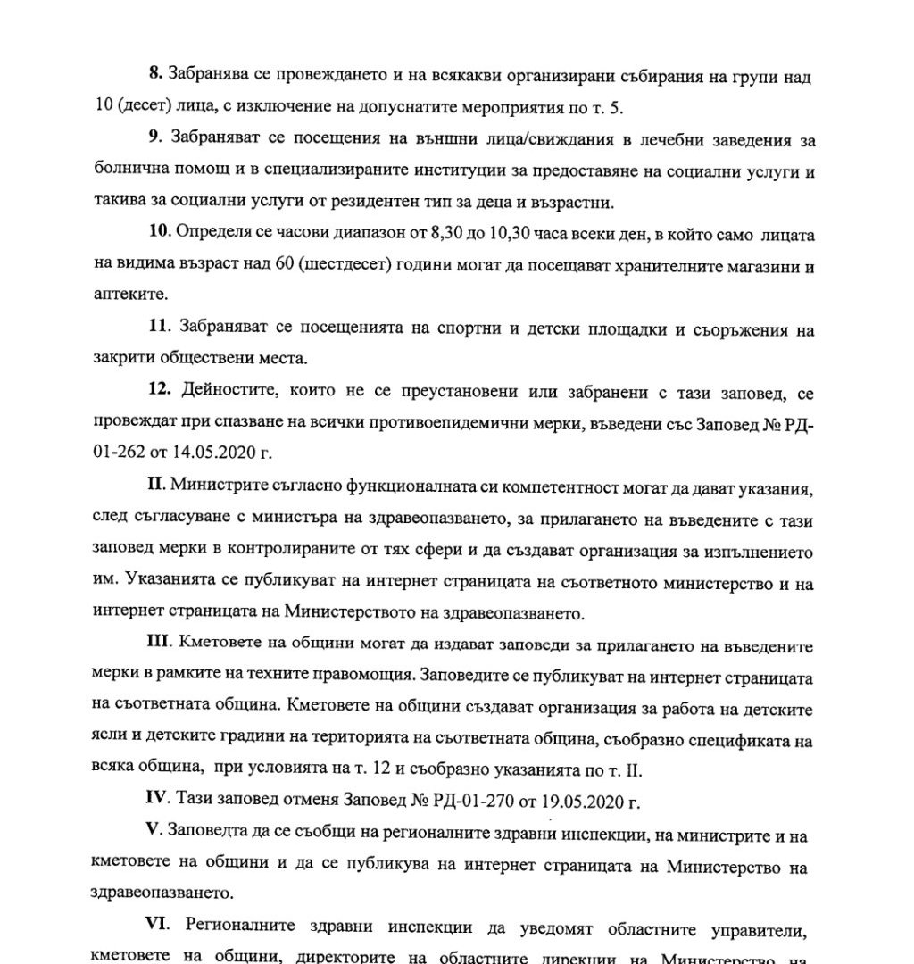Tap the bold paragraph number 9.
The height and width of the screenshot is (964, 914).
153,141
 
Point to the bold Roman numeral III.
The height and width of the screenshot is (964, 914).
159,643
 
